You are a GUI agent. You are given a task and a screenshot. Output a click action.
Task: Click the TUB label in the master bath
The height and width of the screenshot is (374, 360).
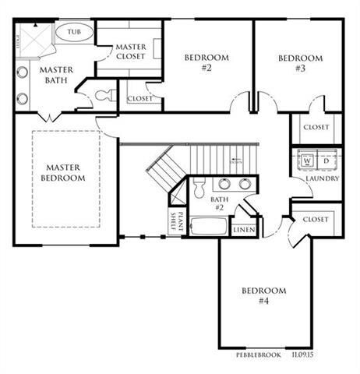tap(75, 33)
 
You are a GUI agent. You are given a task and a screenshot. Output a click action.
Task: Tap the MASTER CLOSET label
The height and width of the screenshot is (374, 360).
tap(130, 51)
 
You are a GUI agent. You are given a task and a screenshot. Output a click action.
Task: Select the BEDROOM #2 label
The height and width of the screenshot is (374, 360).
tap(206, 62)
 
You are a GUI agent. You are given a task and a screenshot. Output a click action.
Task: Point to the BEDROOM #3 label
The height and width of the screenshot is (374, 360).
tap(301, 62)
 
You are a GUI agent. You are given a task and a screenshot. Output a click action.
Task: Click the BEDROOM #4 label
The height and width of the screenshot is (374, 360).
tap(263, 296)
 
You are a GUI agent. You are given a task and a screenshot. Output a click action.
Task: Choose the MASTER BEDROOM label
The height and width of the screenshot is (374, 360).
tap(65, 172)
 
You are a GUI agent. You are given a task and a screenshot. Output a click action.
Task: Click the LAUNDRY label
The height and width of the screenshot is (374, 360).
tap(322, 178)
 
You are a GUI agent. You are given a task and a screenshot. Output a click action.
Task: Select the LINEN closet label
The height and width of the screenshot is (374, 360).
tap(243, 230)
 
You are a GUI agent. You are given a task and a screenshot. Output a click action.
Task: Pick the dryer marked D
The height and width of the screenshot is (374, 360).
tap(326, 161)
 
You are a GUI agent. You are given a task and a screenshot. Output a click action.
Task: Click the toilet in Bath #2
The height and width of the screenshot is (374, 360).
tap(198, 187)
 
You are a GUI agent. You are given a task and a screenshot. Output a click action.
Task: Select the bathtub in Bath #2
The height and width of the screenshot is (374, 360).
tap(208, 227)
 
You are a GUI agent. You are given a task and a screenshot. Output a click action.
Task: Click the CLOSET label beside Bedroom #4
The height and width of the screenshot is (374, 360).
tap(316, 220)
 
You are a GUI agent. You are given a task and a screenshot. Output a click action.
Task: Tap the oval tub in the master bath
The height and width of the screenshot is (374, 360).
tap(75, 33)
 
